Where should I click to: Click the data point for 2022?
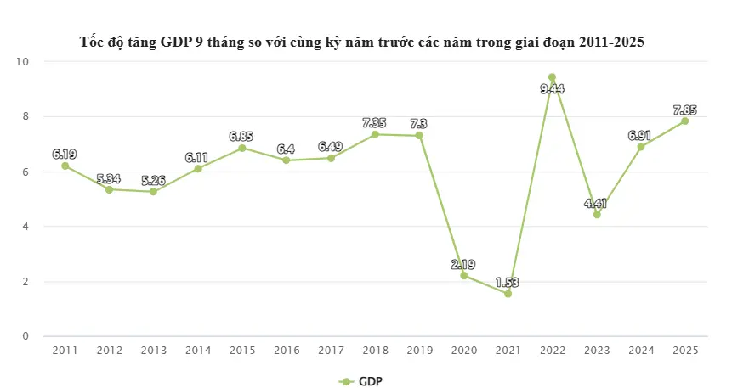pyautogui.click(x=552, y=77)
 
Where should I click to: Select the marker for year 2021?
pyautogui.click(x=508, y=294)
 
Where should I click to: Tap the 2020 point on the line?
pyautogui.click(x=463, y=275)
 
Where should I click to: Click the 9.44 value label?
pyautogui.click(x=552, y=88)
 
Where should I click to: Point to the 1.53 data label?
pyautogui.click(x=508, y=281)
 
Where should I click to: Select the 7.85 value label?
pyautogui.click(x=684, y=109)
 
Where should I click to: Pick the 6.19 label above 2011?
pyautogui.click(x=65, y=154)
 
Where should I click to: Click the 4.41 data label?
pyautogui.click(x=596, y=203)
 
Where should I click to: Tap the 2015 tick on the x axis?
pyautogui.click(x=241, y=351)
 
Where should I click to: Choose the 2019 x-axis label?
pyautogui.click(x=419, y=351)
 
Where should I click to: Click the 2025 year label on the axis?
pyautogui.click(x=684, y=351)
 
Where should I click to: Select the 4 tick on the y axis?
pyautogui.click(x=26, y=227)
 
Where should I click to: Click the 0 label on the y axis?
pyautogui.click(x=26, y=336)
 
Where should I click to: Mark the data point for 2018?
pyautogui.click(x=374, y=134)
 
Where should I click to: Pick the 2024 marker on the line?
pyautogui.click(x=640, y=147)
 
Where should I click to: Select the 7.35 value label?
pyautogui.click(x=374, y=122)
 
